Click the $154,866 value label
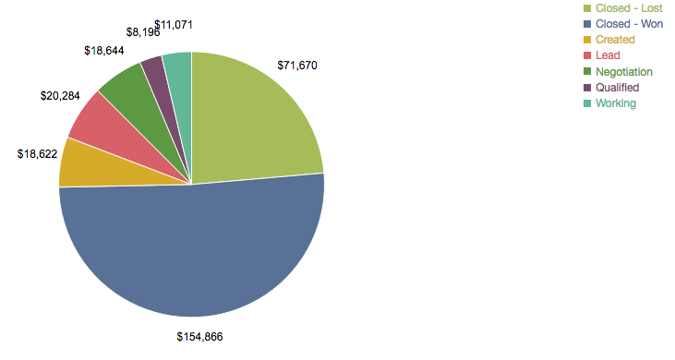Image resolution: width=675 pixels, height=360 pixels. click(x=199, y=337)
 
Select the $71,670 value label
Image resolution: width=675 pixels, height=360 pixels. click(x=297, y=66)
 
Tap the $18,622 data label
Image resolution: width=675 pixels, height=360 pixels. click(x=38, y=154)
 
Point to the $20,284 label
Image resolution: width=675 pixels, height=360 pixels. click(x=60, y=95)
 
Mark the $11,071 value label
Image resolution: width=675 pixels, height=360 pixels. click(x=174, y=24)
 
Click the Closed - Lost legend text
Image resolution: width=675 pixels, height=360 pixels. click(x=629, y=8)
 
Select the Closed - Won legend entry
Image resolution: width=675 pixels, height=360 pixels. click(x=628, y=24)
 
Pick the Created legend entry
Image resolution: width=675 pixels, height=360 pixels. click(x=615, y=40)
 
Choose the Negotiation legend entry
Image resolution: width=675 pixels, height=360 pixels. click(x=624, y=71)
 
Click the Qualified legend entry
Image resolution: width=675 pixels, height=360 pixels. click(x=617, y=87)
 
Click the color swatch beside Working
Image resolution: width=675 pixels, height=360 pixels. click(x=587, y=103)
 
